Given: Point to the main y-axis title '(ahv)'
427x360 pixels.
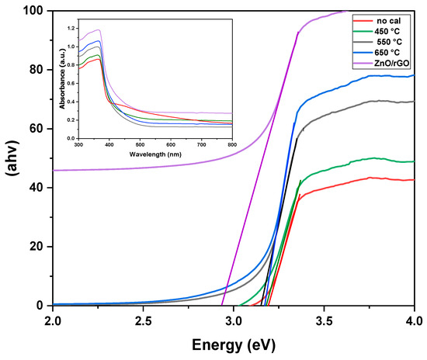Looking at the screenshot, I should coord(11,158).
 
